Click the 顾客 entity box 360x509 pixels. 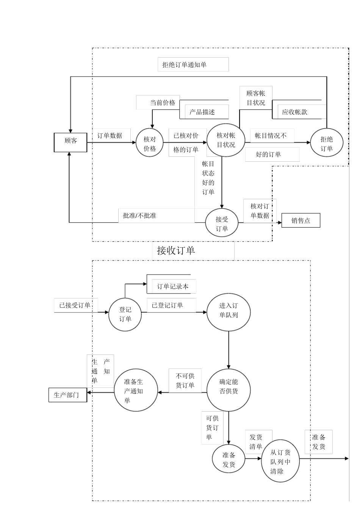(70, 142)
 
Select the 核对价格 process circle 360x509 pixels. (150, 143)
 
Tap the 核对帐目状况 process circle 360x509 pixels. (225, 141)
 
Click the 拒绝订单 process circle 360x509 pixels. (327, 143)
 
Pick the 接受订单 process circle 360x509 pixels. (222, 223)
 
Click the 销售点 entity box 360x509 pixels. (301, 220)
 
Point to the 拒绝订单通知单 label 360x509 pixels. (185, 65)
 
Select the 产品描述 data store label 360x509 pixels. (202, 112)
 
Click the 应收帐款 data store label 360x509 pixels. (294, 112)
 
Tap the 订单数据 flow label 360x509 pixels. (110, 136)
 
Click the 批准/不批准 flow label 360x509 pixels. (139, 216)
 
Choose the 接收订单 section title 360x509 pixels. (176, 250)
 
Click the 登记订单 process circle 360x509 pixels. (125, 314)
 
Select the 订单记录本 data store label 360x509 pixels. (173, 287)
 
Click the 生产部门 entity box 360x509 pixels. (67, 395)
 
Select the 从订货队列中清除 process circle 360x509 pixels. (280, 461)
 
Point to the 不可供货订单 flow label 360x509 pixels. (185, 381)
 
